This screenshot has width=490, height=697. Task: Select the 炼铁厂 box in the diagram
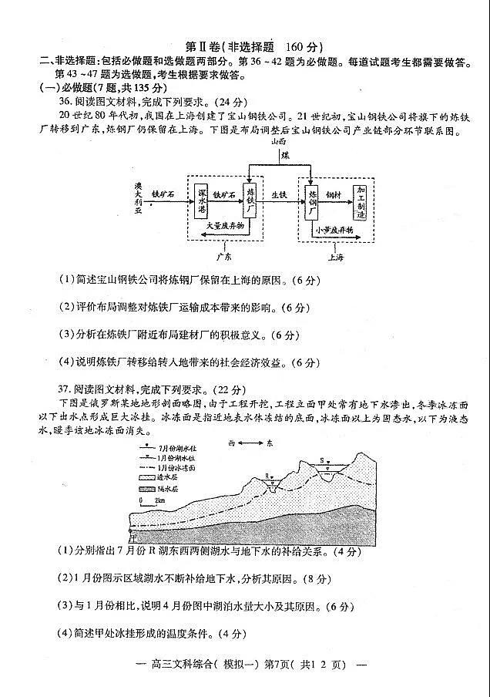coord(250,199)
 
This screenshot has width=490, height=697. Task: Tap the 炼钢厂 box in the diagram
coord(312,199)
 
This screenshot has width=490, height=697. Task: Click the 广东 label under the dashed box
coord(224,255)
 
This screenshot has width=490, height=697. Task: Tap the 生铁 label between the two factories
coord(279,195)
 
